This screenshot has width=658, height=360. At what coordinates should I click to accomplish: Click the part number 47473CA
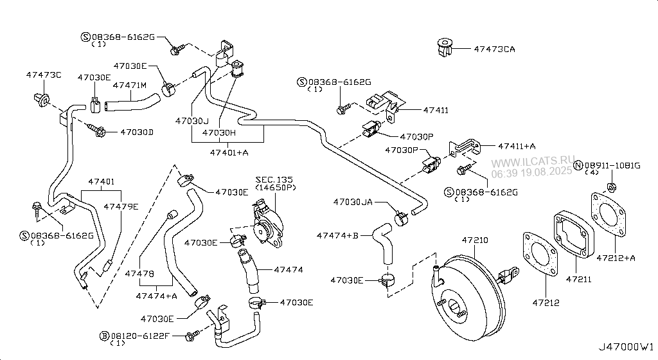494,49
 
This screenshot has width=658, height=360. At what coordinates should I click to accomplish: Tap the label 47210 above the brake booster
476,240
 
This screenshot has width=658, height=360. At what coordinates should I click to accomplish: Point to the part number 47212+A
615,258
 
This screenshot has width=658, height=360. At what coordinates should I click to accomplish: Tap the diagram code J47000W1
628,348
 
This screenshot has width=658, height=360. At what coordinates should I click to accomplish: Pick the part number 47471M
130,85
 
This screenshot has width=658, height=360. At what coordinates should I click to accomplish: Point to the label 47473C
44,76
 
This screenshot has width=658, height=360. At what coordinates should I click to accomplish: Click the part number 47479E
121,206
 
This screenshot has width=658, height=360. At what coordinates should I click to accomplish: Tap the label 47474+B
337,236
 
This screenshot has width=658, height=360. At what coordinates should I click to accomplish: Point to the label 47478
139,274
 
